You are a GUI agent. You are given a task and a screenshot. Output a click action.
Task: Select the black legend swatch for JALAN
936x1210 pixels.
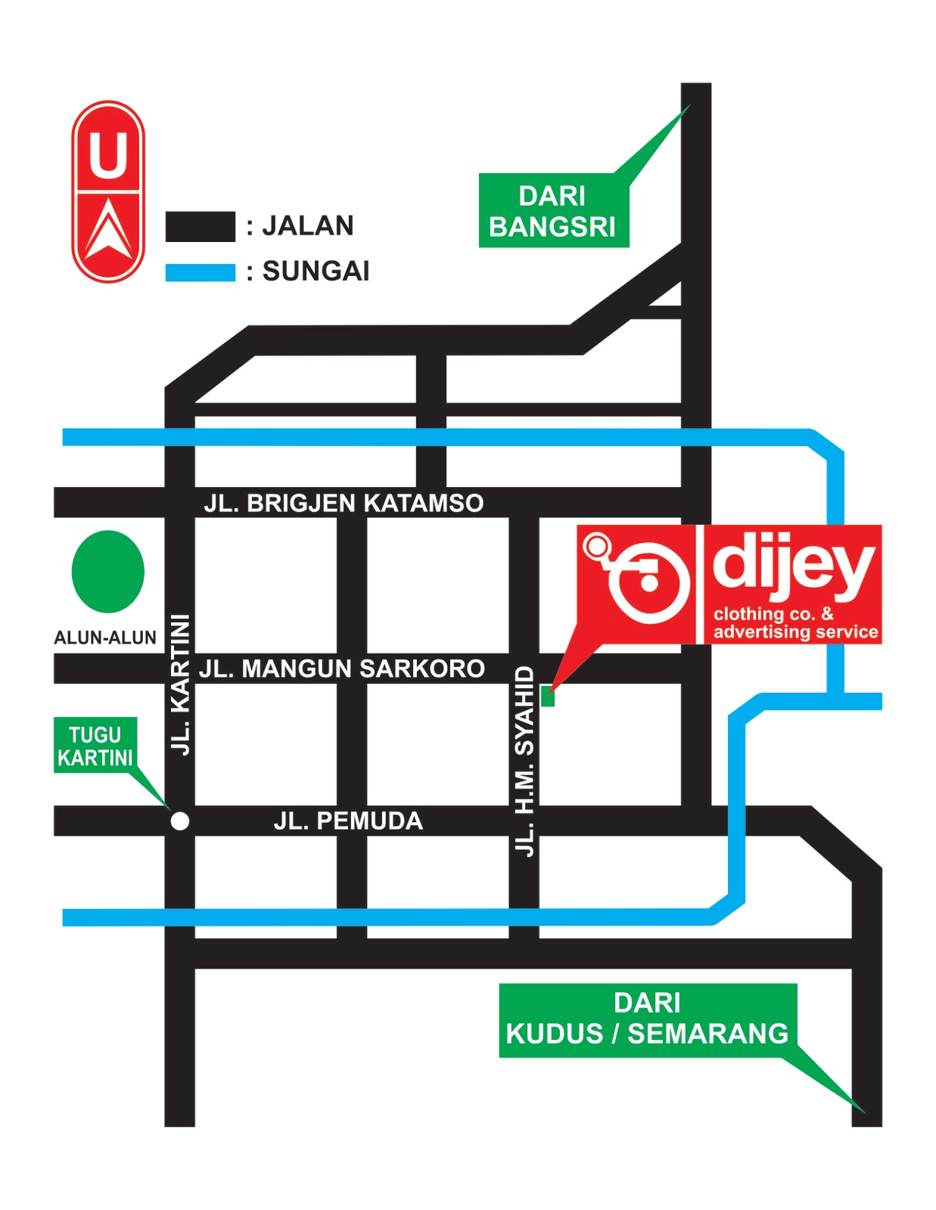200,227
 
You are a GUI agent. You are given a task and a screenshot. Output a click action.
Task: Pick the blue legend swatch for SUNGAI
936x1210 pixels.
200,272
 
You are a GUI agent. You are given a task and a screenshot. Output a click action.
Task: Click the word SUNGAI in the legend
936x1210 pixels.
316,271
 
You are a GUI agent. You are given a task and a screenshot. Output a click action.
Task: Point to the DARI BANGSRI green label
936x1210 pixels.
553,211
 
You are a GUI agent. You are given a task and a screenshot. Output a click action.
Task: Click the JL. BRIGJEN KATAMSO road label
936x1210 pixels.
344,504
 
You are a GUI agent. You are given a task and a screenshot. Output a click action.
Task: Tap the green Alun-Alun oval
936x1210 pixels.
107,572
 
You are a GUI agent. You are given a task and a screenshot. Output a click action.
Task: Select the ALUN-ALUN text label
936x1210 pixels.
105,638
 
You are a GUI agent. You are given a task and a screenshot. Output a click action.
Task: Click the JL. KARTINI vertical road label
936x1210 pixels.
181,684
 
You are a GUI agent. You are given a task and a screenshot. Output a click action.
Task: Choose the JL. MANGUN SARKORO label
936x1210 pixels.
341,669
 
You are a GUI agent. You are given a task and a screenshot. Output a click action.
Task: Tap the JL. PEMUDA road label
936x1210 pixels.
348,821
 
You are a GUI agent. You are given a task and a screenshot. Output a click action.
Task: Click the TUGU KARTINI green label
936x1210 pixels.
95,746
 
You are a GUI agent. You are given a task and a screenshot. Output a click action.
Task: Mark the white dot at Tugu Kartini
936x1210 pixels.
180,821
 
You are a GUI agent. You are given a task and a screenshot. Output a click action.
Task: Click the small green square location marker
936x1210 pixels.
548,698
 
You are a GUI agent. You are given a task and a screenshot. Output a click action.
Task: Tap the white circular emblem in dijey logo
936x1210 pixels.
648,582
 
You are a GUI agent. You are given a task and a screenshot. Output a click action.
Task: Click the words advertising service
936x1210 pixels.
795,632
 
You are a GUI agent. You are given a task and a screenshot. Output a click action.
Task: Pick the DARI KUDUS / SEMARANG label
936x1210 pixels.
647,1019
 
